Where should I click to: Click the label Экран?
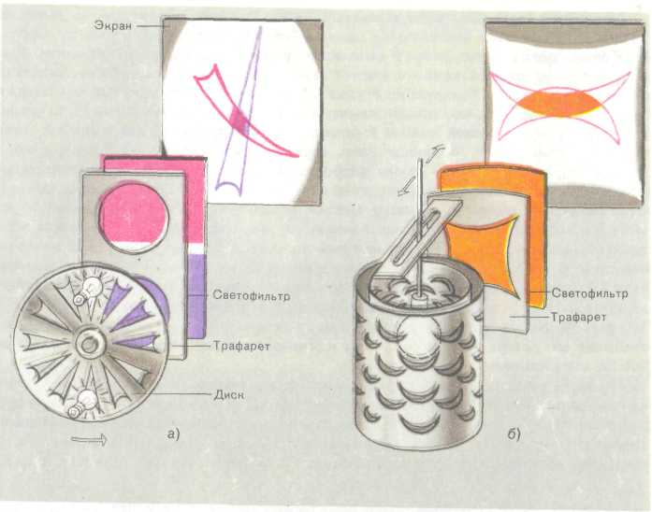pos(113,25)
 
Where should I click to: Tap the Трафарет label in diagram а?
pos(241,346)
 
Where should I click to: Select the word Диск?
pos(228,394)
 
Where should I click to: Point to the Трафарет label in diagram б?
pos(578,318)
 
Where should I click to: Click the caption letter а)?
pos(173,434)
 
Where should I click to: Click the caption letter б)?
pos(514,434)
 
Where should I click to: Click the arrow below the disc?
pos(89,439)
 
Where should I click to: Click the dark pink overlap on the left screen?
pos(239,120)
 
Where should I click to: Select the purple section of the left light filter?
pos(196,295)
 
